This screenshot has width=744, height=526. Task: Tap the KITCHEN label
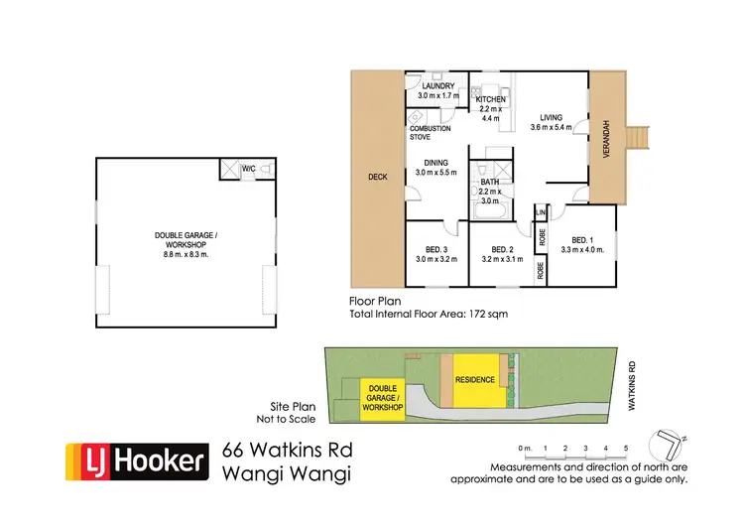coord(490,100)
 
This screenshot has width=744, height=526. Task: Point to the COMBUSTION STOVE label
coord(430,133)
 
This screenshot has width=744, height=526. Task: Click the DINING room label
coord(436,162)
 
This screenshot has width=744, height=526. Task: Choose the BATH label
coord(489,183)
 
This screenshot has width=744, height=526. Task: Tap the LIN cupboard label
coord(542,212)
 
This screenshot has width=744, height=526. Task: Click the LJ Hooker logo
coord(136,460)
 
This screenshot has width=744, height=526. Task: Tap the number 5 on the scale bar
coord(625,449)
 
